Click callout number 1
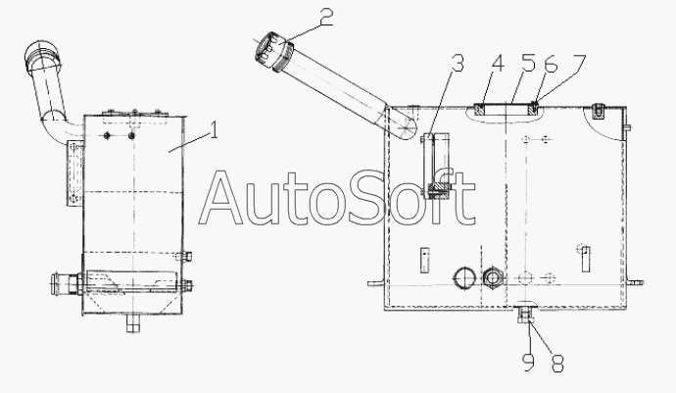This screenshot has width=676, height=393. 214,129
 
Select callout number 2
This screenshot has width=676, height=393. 326,19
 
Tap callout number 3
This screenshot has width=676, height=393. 458,63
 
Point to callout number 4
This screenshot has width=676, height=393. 498,64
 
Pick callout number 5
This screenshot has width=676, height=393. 528,63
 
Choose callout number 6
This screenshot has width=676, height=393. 551,64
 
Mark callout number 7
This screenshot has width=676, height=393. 579,63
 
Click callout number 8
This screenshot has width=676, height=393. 557,364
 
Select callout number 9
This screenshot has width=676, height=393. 528,364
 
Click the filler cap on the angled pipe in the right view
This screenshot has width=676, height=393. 273,51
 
